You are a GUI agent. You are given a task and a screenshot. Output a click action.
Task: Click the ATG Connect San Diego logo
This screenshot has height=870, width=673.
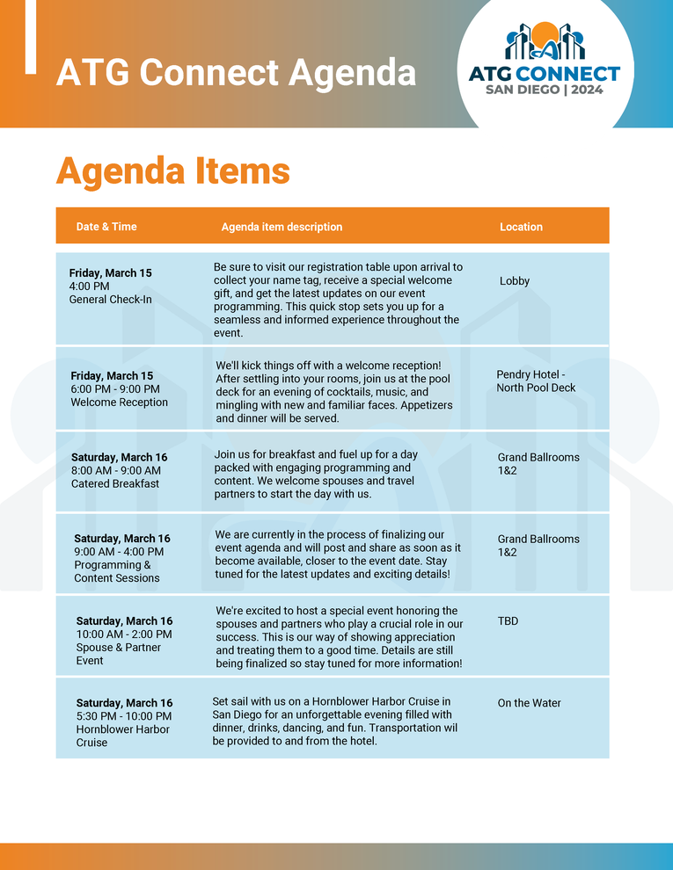click(545, 58)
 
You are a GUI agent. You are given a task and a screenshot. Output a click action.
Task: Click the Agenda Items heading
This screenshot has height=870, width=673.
click(172, 170)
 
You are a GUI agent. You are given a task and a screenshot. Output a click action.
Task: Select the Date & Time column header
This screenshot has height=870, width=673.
click(106, 227)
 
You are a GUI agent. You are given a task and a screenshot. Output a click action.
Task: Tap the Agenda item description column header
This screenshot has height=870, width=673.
click(282, 227)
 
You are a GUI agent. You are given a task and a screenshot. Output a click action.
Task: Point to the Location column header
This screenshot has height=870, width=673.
click(521, 227)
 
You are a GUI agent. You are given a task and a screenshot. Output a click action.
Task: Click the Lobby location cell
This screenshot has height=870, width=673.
click(515, 281)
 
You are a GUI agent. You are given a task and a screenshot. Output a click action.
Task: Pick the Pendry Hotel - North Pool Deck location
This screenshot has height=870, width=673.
click(536, 381)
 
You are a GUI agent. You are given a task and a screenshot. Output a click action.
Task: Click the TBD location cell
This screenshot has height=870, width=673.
click(508, 621)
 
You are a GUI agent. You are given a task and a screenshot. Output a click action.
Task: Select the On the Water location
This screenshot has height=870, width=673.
click(529, 703)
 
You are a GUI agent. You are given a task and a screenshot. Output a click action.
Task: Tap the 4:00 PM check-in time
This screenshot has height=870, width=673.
click(89, 286)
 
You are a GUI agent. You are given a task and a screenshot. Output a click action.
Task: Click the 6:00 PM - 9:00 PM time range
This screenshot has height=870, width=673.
click(115, 389)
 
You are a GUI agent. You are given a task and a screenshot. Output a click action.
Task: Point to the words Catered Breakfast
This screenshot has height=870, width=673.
click(115, 483)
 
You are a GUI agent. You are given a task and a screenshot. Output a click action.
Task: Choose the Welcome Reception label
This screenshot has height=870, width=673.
click(119, 402)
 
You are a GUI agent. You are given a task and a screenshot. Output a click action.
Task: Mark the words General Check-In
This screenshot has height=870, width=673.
click(110, 300)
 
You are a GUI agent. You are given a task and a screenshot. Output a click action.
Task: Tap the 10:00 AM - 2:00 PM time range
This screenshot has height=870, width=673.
click(124, 634)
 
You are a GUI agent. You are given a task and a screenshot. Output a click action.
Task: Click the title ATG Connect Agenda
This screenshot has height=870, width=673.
click(236, 72)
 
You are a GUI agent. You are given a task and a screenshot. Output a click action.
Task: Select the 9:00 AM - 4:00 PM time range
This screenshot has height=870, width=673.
click(119, 552)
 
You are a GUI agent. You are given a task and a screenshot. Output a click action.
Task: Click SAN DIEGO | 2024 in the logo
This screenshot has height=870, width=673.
click(545, 90)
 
